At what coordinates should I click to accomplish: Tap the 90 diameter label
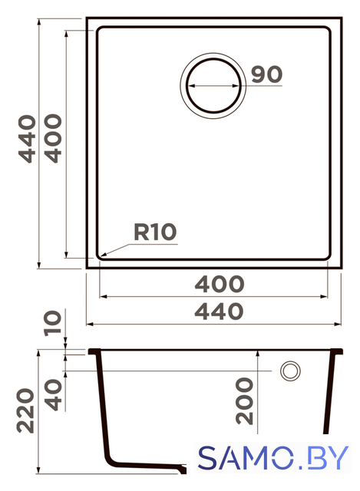pyautogui.click(x=266, y=74)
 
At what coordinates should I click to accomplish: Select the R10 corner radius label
pyautogui.click(x=155, y=232)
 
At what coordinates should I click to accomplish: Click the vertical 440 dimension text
pyautogui.click(x=27, y=139)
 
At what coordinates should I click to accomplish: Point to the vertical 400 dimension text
pyautogui.click(x=53, y=138)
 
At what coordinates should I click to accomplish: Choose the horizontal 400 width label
pyautogui.click(x=220, y=284)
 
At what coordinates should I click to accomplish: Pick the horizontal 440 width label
pyautogui.click(x=219, y=311)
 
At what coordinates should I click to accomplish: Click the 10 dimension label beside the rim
pyautogui.click(x=52, y=323)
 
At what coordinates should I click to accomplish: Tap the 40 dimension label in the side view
pyautogui.click(x=53, y=395)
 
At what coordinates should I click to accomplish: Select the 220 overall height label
pyautogui.click(x=25, y=411)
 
